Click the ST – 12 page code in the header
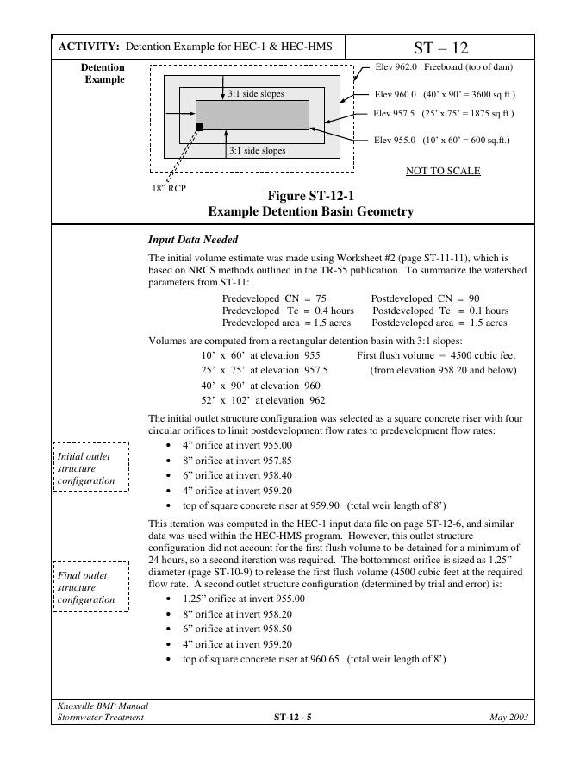[x=441, y=47]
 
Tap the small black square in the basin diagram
[x=200, y=127]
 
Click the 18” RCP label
[x=169, y=187]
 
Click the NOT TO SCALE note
[x=443, y=171]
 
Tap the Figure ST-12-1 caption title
[x=310, y=196]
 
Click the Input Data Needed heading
[x=193, y=239]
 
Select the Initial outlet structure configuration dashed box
[x=91, y=467]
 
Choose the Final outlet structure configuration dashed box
[x=91, y=586]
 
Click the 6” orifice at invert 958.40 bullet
[x=238, y=474]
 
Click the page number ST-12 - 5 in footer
[x=292, y=717]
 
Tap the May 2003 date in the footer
[x=508, y=717]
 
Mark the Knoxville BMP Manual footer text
[x=97, y=706]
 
